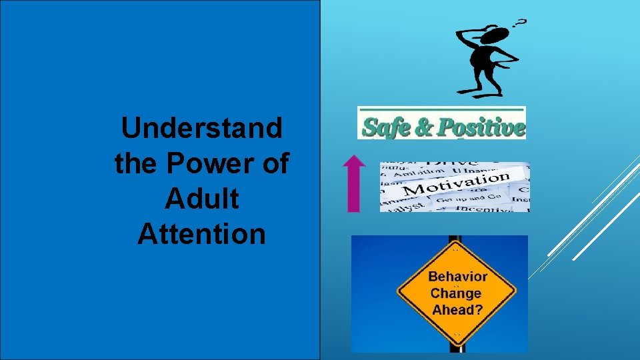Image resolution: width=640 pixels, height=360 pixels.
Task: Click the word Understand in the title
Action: click(201, 128)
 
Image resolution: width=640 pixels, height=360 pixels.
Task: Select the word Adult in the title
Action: click(201, 199)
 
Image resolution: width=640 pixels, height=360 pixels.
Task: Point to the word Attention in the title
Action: click(201, 233)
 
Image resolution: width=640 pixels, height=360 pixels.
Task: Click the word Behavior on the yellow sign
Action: click(457, 276)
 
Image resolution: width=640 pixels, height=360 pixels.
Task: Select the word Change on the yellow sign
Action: click(456, 293)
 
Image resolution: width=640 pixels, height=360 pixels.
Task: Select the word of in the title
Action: click(274, 163)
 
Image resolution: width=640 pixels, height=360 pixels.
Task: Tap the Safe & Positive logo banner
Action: click(441, 123)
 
